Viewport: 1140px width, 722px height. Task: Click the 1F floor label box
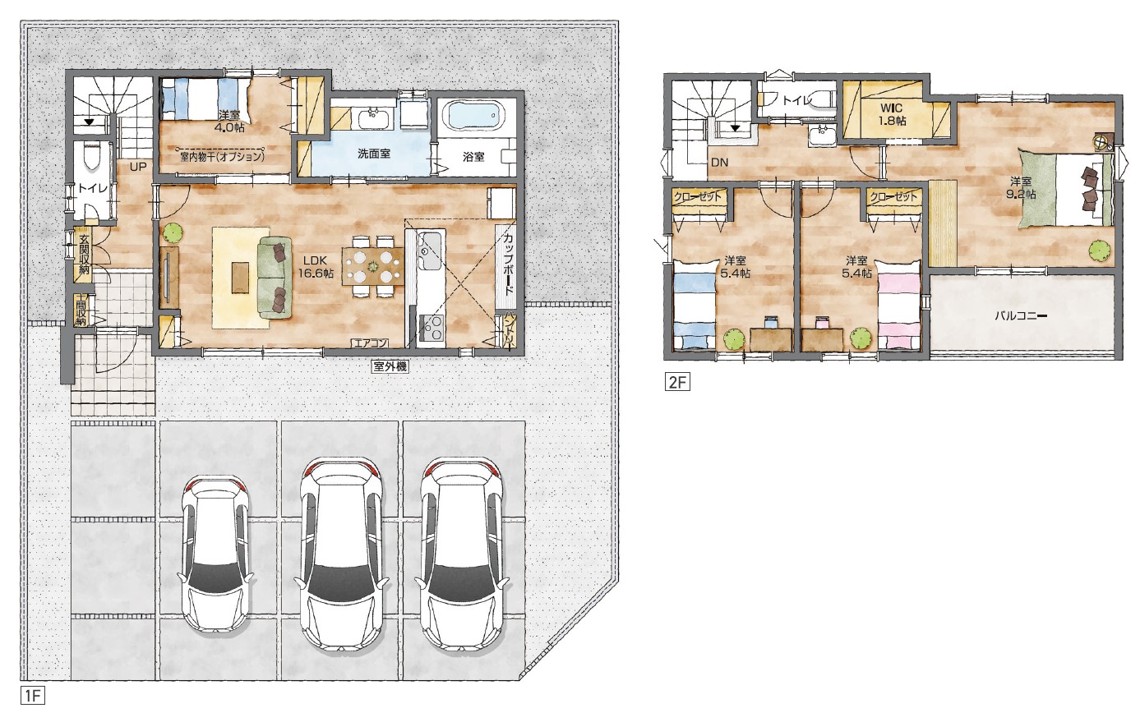(33, 696)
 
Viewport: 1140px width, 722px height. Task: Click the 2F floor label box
(677, 382)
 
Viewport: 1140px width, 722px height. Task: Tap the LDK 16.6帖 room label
(316, 267)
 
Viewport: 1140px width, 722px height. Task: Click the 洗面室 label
(373, 154)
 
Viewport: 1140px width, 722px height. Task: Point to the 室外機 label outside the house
(390, 366)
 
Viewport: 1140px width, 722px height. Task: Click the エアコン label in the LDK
(371, 343)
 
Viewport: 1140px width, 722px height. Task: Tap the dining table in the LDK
(373, 266)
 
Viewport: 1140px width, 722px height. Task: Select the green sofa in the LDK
(275, 278)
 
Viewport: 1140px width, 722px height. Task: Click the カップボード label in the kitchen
(507, 266)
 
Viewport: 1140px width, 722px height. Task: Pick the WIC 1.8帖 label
(892, 114)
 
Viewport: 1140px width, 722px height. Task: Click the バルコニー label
(1021, 315)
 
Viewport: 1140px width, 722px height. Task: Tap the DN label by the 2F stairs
(719, 163)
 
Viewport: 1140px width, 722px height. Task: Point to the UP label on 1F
(138, 167)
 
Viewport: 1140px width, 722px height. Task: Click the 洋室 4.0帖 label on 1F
(229, 122)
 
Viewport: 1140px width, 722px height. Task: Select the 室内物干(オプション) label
(223, 157)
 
